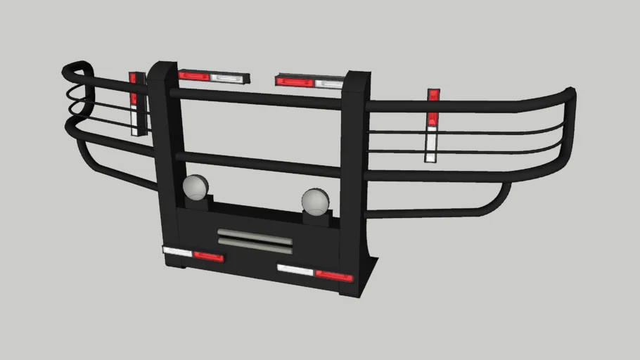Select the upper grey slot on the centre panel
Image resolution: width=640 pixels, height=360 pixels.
pos(254,233)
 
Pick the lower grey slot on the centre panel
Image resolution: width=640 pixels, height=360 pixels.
pos(254,242)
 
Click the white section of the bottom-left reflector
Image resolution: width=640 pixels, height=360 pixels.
pos(177,251)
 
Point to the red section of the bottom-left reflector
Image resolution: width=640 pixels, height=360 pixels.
pos(208,257)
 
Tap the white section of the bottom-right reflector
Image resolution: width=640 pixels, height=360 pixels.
pos(295,270)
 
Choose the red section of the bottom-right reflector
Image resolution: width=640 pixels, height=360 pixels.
pos(333,276)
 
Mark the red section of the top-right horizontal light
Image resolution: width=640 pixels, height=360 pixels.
pos(294,82)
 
